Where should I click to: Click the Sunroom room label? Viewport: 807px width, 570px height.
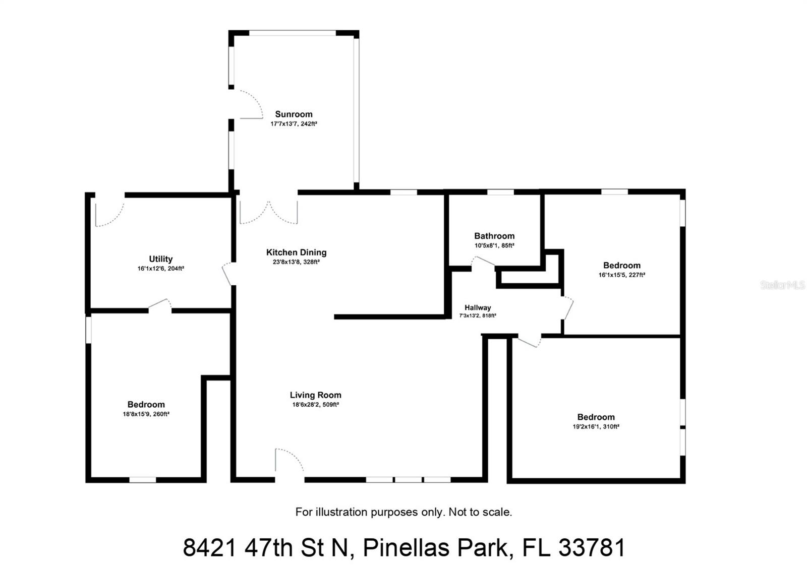click(294, 114)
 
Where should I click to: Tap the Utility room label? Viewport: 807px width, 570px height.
click(160, 259)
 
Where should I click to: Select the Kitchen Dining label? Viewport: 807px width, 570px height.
click(296, 252)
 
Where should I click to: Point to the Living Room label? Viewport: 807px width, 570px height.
click(315, 395)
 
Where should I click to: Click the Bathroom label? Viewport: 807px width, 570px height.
click(494, 236)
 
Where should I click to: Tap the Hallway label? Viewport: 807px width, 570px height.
click(478, 307)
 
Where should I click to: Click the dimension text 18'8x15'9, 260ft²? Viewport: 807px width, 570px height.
click(146, 414)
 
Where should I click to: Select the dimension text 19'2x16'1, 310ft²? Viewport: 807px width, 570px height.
click(596, 427)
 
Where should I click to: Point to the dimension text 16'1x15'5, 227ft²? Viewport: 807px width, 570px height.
click(621, 275)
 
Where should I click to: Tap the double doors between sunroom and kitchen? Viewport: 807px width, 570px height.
click(268, 212)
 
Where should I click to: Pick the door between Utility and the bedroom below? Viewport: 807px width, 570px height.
click(160, 304)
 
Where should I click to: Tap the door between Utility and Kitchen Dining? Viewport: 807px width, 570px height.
click(227, 273)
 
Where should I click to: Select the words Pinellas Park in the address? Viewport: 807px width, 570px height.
click(435, 548)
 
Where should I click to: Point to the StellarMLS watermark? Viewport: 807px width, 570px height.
click(782, 285)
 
